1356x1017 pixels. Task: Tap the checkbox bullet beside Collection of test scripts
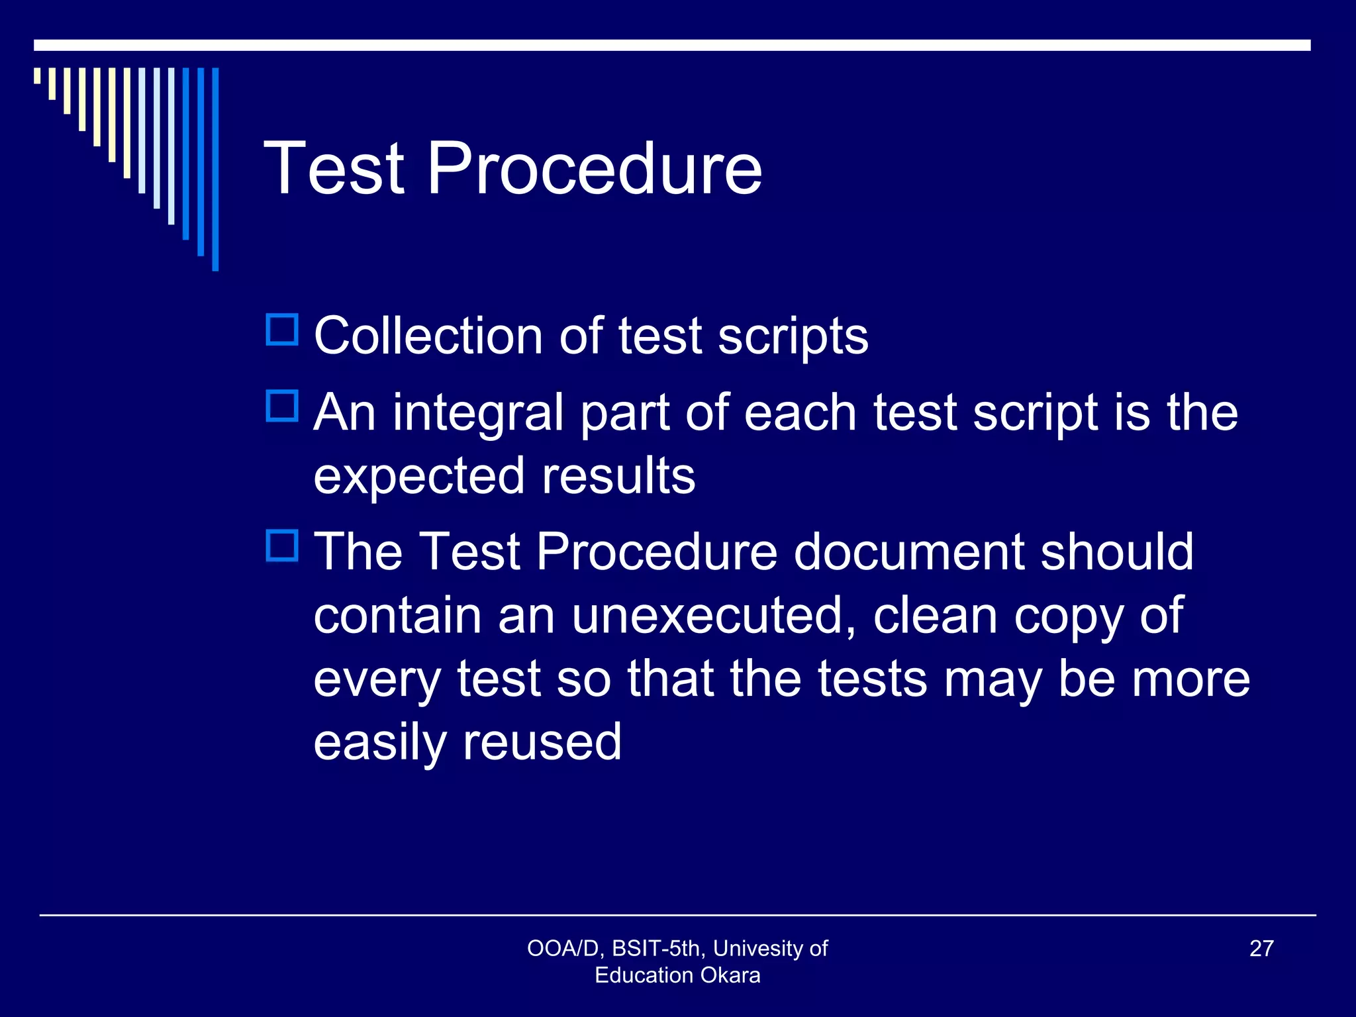click(x=282, y=329)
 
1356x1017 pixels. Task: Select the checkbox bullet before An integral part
click(x=282, y=406)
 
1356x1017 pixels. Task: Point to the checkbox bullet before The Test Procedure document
click(x=282, y=546)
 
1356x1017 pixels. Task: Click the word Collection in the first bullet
click(x=428, y=336)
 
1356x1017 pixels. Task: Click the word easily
click(x=380, y=744)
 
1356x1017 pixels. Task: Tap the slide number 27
click(x=1261, y=948)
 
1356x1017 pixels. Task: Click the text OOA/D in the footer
click(x=562, y=948)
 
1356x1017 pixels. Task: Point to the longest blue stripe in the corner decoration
click(x=215, y=169)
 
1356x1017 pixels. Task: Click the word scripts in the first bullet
click(x=793, y=337)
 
